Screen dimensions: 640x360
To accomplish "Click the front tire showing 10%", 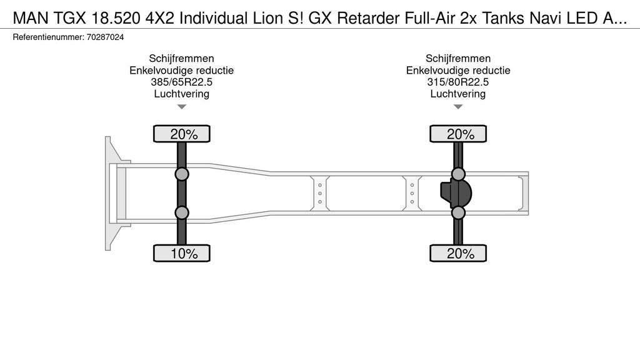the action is (x=182, y=253).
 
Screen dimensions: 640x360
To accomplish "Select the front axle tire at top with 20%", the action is (x=182, y=134).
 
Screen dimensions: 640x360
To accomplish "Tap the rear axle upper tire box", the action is (x=458, y=134).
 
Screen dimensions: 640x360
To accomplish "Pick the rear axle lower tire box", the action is (x=458, y=253).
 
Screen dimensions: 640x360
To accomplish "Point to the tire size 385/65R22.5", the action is (x=182, y=82).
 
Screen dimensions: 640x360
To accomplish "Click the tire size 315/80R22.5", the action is (x=458, y=82).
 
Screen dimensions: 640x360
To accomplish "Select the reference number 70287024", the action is (x=105, y=37).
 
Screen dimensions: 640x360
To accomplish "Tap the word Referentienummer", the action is (x=48, y=37).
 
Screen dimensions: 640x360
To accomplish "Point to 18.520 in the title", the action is (x=117, y=18).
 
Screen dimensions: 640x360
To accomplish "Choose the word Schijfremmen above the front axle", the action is (x=182, y=58).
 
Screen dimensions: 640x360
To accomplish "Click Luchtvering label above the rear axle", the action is (x=458, y=94).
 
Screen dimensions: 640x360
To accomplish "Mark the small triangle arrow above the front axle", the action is (x=182, y=107).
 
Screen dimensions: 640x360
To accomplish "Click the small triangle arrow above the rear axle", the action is (x=458, y=107).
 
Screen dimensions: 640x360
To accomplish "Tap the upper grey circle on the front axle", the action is (x=182, y=174).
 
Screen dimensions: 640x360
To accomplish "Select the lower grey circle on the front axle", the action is (x=182, y=212).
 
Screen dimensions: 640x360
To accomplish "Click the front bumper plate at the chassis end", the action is (x=107, y=194).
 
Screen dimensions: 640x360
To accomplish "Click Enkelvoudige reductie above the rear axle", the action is (x=458, y=70).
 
